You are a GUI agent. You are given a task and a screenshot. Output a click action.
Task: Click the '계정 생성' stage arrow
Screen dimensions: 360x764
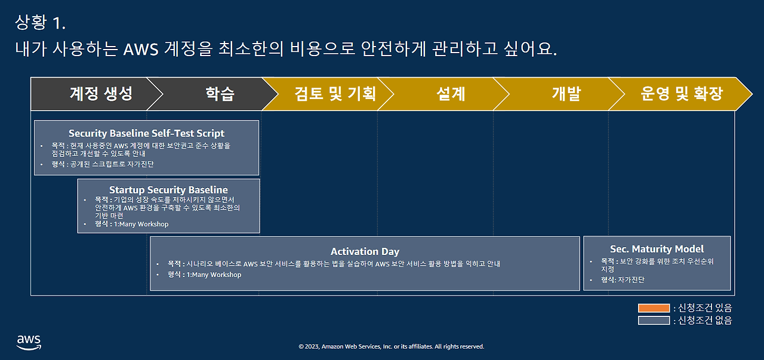point(100,94)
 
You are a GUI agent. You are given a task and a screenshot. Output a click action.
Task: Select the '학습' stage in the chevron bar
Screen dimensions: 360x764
point(220,94)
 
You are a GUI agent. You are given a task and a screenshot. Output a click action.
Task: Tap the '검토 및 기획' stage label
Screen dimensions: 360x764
point(335,94)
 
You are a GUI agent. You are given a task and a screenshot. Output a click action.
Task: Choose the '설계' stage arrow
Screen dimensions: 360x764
point(451,94)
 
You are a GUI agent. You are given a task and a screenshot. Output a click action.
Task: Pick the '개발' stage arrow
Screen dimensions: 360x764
point(566,94)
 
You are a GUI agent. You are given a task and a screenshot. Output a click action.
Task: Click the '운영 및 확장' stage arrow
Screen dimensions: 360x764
point(682,94)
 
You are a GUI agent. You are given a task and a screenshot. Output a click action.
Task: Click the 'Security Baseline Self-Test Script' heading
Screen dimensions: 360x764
point(146,133)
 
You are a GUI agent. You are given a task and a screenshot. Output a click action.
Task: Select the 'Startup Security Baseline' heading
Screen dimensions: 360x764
point(168,190)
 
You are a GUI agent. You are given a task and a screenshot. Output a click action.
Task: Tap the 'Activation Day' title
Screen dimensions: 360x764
point(365,251)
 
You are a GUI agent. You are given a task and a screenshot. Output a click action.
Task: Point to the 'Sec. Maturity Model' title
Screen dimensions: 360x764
point(657,249)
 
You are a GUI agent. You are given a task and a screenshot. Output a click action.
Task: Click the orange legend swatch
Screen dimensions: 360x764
point(654,308)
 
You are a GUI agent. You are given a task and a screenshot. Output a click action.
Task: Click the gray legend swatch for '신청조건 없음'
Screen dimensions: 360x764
point(654,321)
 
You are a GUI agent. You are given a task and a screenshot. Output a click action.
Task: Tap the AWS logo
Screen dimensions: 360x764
point(29,341)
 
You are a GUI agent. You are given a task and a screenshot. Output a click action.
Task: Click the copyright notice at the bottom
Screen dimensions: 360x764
point(391,346)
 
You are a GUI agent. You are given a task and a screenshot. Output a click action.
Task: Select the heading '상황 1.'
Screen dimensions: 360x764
point(40,23)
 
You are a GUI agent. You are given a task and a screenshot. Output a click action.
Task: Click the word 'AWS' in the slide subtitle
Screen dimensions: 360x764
point(140,49)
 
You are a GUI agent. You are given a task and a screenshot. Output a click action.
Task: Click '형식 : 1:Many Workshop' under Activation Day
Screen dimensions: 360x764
point(205,275)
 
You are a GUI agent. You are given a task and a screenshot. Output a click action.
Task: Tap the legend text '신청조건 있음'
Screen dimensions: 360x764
point(705,308)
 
